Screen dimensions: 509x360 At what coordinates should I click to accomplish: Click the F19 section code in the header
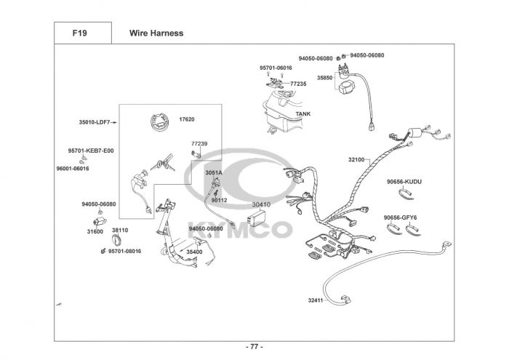tap(79, 33)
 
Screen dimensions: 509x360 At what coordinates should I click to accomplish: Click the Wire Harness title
tap(156, 33)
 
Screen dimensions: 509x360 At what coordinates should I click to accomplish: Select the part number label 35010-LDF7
tap(95, 122)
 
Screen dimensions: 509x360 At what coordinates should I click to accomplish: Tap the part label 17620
tap(187, 119)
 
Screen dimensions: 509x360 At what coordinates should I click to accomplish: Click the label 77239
tap(199, 143)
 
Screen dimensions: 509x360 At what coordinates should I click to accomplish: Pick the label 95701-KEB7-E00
tap(91, 151)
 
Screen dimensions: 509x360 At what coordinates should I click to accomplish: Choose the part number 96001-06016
tap(73, 169)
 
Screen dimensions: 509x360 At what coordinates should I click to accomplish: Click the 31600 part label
tap(95, 231)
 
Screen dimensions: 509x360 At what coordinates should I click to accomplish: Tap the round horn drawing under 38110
tap(116, 241)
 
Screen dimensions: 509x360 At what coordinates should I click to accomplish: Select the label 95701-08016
tap(124, 251)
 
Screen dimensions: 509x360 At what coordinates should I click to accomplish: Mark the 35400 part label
tap(194, 252)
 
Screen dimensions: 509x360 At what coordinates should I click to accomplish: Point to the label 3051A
tap(214, 173)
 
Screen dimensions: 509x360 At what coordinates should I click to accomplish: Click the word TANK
tap(303, 114)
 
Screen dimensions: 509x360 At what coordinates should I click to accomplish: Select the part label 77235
tap(298, 84)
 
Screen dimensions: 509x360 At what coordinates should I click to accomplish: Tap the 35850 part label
tap(324, 78)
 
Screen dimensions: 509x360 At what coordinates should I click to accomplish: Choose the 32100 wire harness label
tap(356, 160)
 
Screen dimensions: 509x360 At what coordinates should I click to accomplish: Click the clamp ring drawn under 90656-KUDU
tap(406, 194)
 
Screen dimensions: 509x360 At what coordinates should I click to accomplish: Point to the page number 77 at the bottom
tap(254, 347)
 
